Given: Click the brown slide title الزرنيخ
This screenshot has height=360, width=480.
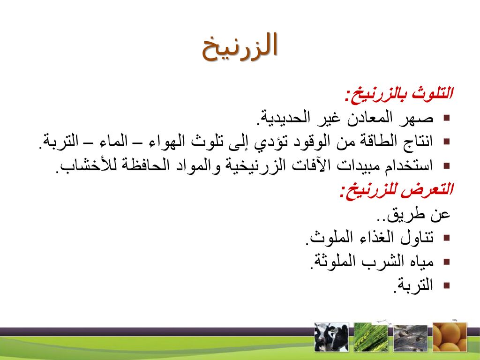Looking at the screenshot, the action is click(x=240, y=47).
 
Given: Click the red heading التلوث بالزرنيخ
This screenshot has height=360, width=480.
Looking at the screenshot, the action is click(x=398, y=94).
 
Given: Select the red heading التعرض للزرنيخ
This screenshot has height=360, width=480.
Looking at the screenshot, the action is click(x=396, y=190).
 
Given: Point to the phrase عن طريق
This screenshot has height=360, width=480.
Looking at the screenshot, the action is click(x=413, y=214).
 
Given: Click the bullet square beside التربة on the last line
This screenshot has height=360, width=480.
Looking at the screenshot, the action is click(x=447, y=285).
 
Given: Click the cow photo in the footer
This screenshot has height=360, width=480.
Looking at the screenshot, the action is click(x=331, y=337).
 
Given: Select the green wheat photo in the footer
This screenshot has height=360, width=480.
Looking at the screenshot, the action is click(x=371, y=337).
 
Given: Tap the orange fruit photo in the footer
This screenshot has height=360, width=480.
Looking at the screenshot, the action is click(x=450, y=337).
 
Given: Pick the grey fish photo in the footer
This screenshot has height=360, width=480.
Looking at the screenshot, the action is click(x=410, y=338).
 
